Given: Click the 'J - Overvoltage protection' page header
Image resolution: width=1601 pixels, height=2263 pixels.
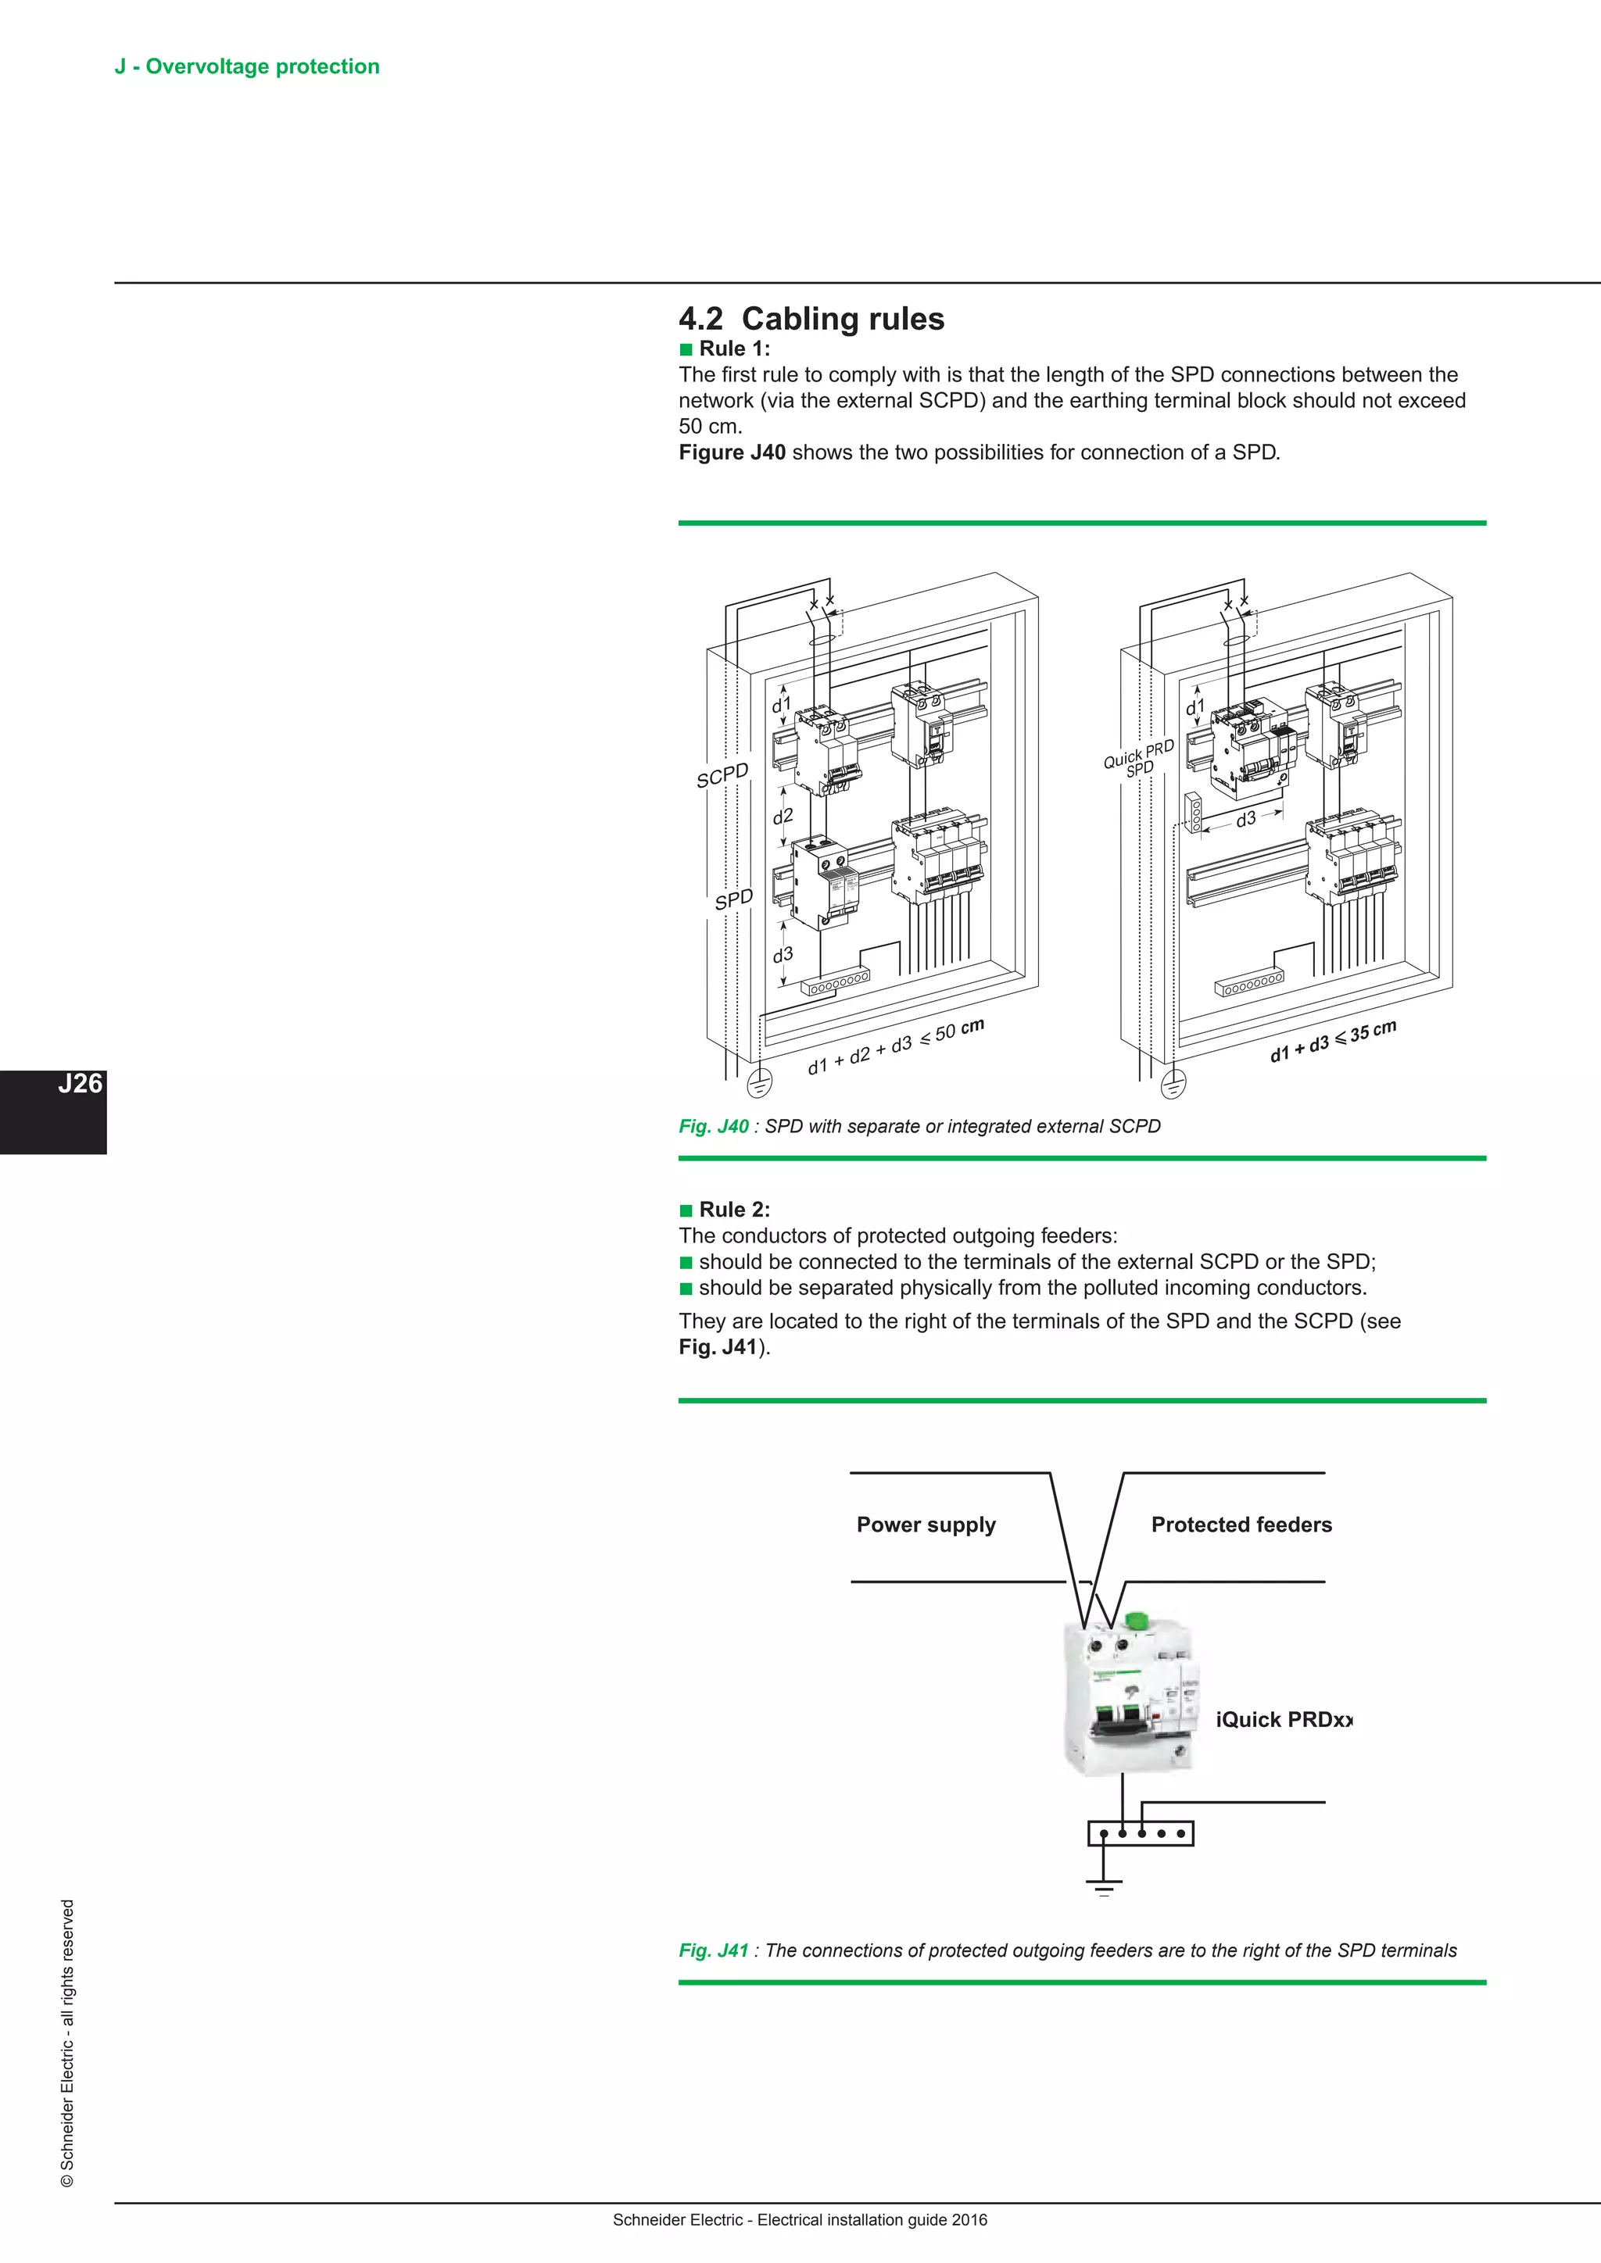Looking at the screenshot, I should (246, 66).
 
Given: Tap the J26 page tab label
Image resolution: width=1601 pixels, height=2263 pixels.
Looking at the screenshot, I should (79, 1084).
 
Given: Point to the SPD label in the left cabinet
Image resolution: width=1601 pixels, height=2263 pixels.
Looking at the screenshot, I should (733, 899).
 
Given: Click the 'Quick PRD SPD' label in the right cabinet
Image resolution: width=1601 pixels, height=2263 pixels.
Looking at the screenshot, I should (1140, 759).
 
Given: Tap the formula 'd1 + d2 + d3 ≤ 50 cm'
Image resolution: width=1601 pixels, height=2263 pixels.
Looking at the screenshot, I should (895, 1047).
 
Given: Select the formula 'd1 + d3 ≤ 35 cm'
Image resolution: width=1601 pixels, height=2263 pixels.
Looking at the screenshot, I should (1333, 1041).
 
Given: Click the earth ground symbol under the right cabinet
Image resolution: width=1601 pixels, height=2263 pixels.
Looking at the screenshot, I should (1173, 1084).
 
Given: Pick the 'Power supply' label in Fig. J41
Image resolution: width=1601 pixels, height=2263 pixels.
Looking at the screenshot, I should (926, 1525).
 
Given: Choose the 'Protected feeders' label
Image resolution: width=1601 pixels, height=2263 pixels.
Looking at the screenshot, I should (1241, 1525).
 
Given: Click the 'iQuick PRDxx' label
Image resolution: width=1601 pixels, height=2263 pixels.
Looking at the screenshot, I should (1284, 1720).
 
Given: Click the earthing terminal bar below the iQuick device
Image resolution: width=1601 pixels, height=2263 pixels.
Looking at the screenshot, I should (1141, 1833).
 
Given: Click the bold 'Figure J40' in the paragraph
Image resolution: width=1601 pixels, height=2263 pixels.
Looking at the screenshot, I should (732, 452).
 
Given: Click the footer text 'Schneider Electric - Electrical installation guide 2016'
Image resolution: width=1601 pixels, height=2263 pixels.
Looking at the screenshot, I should (800, 2220).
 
